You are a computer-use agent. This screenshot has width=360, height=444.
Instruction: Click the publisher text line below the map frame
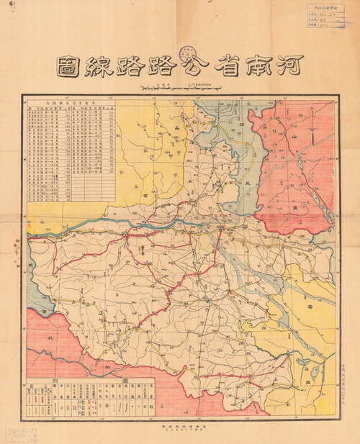(x=180, y=426)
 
